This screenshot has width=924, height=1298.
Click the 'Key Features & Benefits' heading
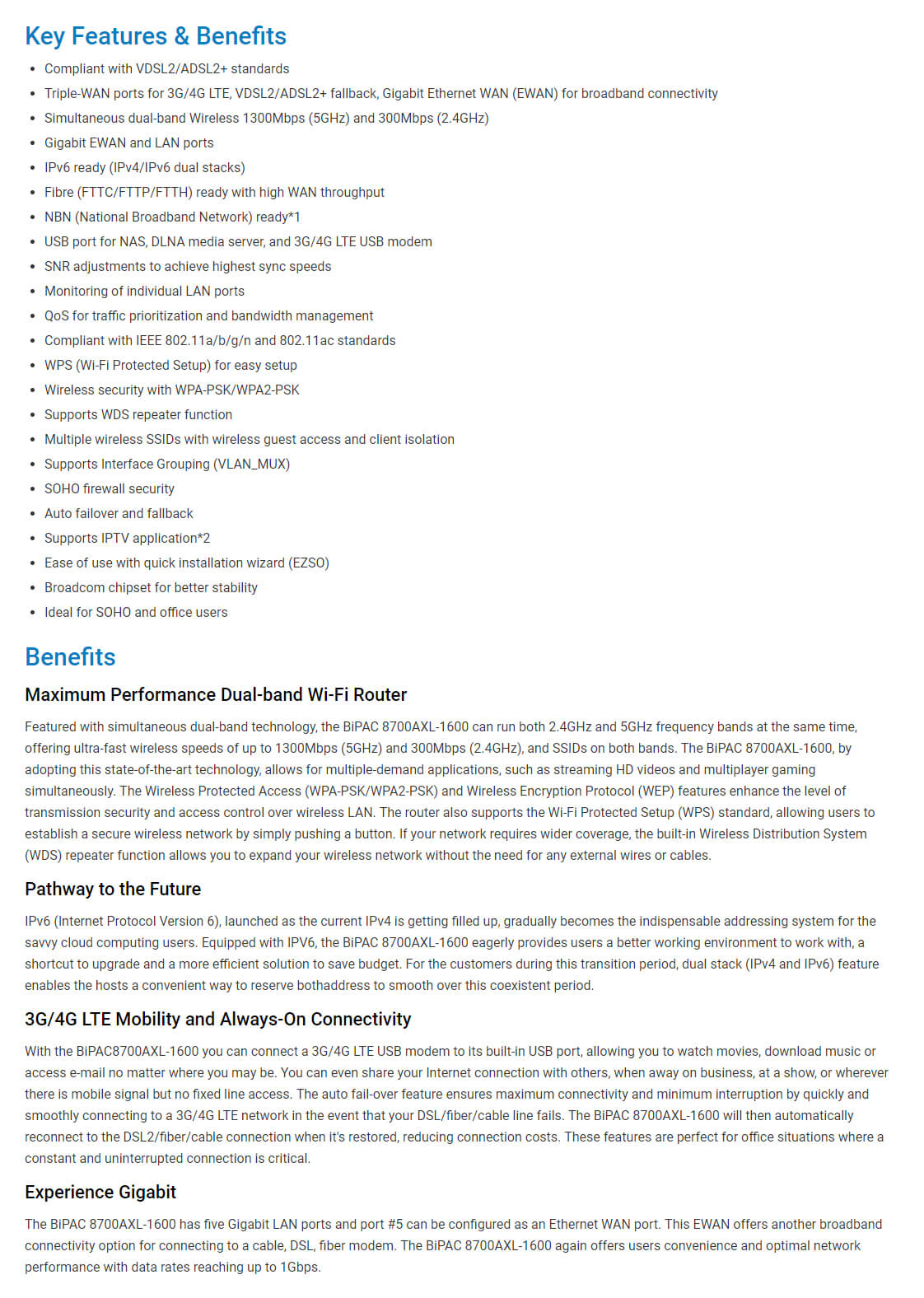(x=156, y=36)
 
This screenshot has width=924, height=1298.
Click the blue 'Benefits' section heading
(x=70, y=657)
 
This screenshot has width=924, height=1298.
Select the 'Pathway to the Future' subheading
(x=113, y=889)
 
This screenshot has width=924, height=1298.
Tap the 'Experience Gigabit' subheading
(x=100, y=1193)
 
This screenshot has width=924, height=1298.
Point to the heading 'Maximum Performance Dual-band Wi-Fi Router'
(x=216, y=695)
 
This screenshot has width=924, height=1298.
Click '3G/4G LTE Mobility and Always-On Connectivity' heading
(x=217, y=1020)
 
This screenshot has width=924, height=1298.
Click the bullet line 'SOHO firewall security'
(x=110, y=489)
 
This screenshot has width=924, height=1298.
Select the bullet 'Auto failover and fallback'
(x=119, y=514)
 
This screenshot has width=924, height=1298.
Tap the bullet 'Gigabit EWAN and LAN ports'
(x=128, y=143)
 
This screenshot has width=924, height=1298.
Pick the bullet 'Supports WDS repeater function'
(x=138, y=415)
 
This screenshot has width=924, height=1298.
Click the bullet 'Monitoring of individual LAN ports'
(x=144, y=292)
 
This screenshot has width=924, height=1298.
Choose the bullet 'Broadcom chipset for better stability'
(x=151, y=588)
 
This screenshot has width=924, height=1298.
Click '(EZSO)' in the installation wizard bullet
(x=308, y=563)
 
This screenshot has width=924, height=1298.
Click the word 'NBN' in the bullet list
(x=58, y=217)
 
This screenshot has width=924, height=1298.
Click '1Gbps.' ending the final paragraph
(x=300, y=1268)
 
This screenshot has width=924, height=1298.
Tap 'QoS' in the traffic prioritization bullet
(x=57, y=316)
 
